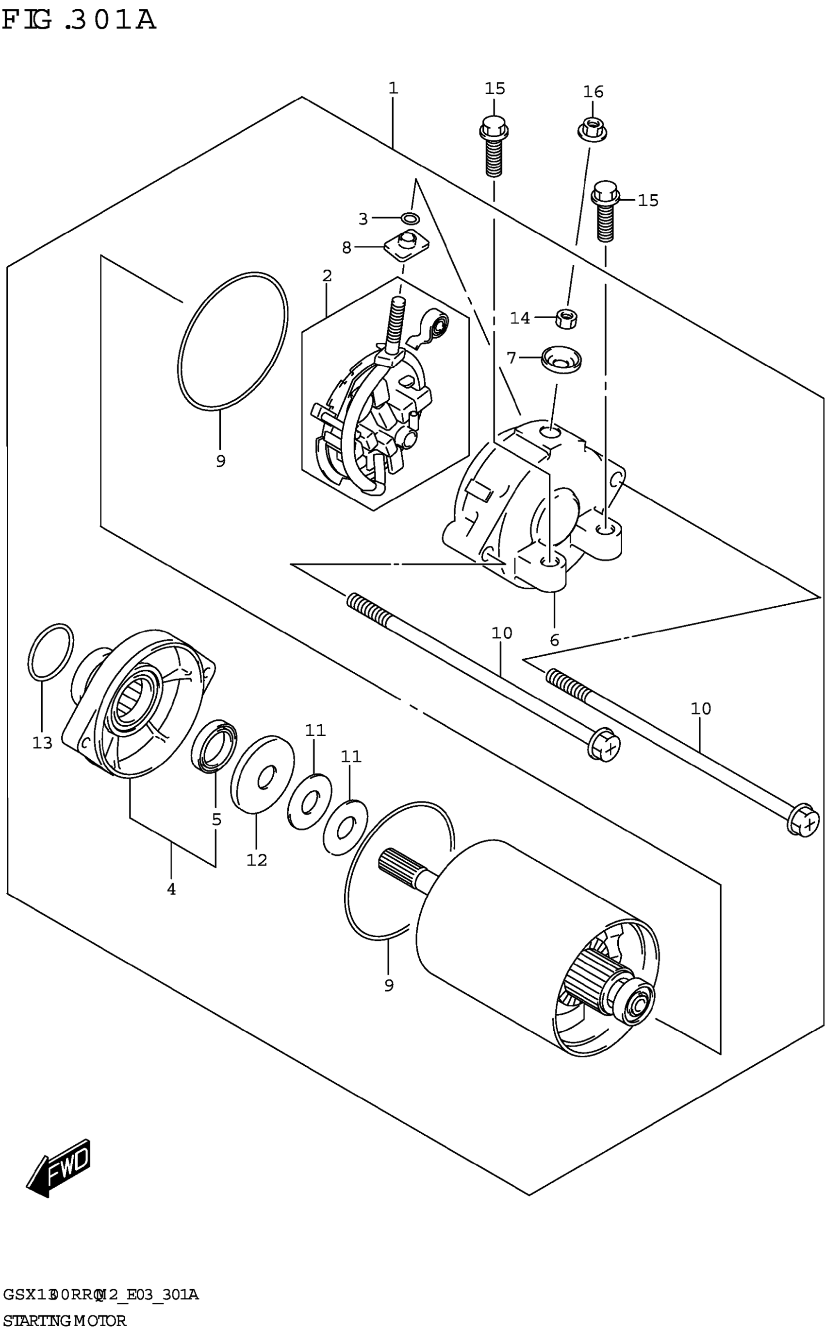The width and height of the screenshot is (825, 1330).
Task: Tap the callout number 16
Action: point(593,92)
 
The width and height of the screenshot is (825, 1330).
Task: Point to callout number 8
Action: point(346,248)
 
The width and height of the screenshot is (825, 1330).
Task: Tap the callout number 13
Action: point(42,743)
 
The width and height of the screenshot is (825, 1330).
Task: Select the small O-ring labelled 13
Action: point(50,652)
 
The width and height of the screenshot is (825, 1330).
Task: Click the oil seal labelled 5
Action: point(214,746)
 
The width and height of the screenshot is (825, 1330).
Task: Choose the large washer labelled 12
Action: point(262,775)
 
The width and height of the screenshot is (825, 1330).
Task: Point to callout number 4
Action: point(171,889)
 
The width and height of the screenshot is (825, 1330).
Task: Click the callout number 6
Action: point(554,640)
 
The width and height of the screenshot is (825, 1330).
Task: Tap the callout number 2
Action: point(327,276)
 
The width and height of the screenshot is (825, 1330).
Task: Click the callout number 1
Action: point(393,88)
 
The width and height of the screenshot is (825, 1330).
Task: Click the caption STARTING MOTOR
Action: point(64,1320)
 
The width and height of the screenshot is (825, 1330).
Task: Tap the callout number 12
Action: point(256,860)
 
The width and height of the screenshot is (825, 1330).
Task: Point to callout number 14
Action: point(519,318)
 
